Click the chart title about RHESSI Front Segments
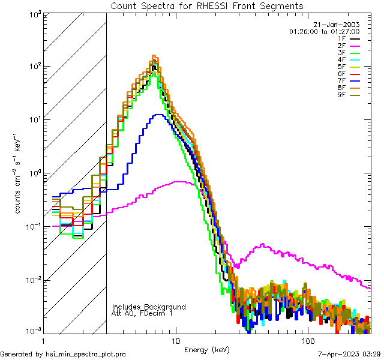[x=207, y=6]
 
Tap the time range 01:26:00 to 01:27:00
[x=324, y=31]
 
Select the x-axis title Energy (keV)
[x=207, y=350]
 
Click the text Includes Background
[x=148, y=307]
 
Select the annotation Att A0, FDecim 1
[x=142, y=313]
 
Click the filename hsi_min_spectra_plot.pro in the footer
[x=86, y=354]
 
